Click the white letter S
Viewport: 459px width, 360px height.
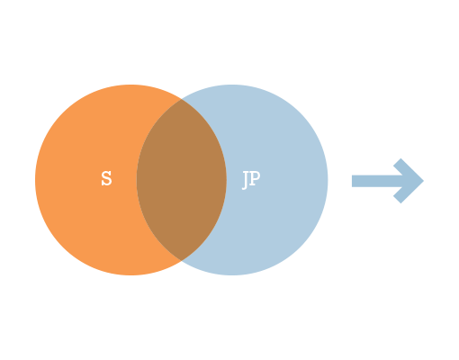pos(106,178)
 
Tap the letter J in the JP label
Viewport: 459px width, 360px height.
pos(246,180)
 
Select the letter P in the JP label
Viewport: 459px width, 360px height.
pos(255,178)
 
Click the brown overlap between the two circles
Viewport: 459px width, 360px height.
pos(182,180)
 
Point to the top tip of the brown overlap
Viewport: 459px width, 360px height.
pos(182,99)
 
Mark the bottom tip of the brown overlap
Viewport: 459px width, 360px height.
pos(182,260)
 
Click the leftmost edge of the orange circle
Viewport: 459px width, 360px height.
pos(35,180)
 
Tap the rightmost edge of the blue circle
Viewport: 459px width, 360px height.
pos(328,180)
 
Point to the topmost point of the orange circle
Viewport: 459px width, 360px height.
pos(130,85)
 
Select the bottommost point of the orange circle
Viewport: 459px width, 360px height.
pos(130,275)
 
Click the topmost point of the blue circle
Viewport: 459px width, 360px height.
pos(232,85)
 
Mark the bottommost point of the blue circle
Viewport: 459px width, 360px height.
pos(232,275)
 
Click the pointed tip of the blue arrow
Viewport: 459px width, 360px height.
pos(423,181)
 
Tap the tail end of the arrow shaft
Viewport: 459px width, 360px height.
pos(353,181)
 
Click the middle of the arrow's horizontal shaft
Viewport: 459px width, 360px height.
pos(377,181)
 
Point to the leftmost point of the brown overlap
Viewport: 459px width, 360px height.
pos(137,180)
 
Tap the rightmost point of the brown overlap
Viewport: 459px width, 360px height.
pos(226,180)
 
